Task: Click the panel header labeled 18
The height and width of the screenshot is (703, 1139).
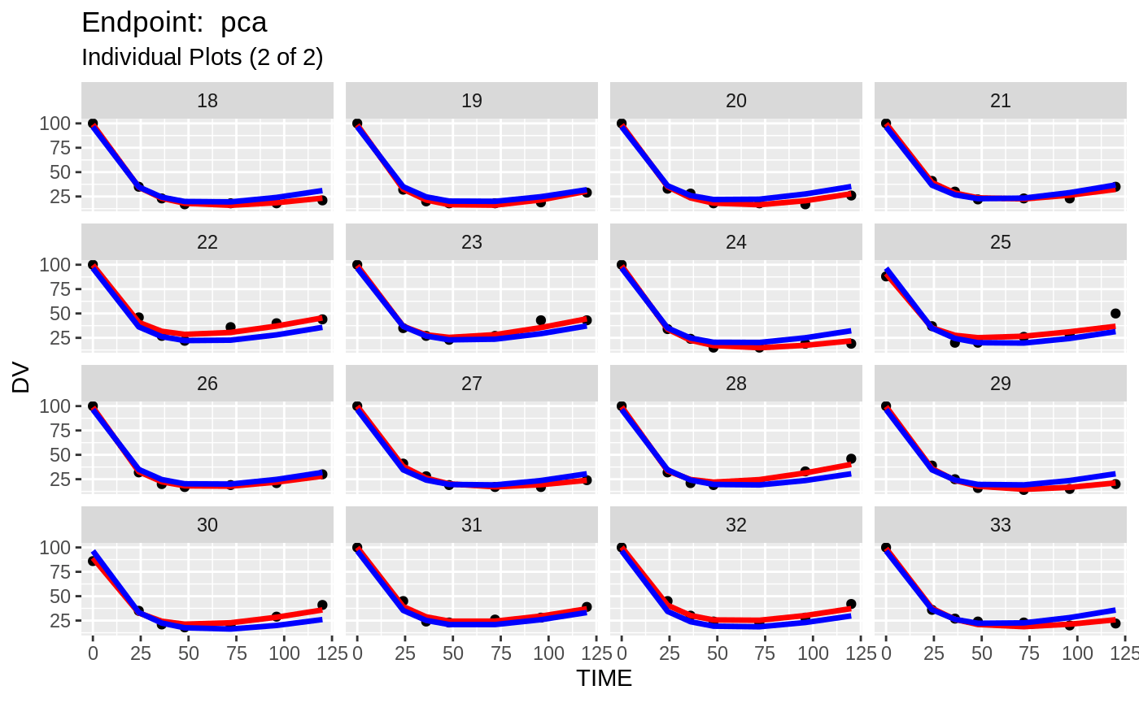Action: (207, 101)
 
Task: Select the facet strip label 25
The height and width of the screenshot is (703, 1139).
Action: (1000, 242)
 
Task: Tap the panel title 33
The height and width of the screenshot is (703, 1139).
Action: (1000, 525)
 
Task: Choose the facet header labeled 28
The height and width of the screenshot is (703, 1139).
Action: (735, 384)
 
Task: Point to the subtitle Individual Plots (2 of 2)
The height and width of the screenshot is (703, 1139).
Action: (203, 58)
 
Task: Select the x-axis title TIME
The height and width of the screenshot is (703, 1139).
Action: (604, 679)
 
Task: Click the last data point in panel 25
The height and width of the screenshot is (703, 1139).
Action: (1115, 313)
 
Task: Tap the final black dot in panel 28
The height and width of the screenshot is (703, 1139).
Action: (851, 458)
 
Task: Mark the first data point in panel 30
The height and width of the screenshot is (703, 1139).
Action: (93, 561)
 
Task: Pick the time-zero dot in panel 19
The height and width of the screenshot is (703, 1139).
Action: (357, 124)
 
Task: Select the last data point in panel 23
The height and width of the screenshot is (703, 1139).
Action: (587, 320)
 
